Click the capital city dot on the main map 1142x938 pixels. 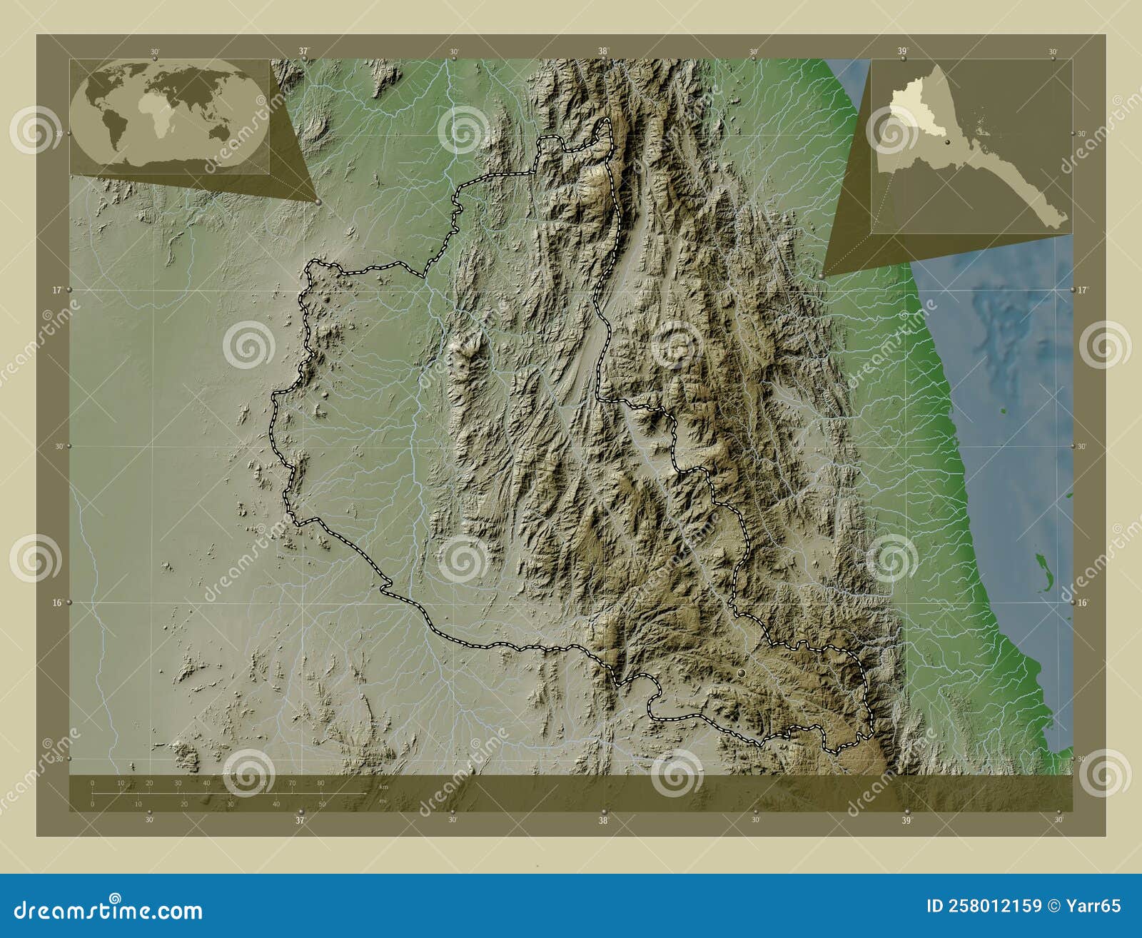pos(741,673)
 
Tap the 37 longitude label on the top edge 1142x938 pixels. pos(304,51)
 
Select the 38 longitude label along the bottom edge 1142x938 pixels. pos(604,820)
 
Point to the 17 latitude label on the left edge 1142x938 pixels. pos(56,290)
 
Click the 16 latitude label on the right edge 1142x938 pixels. pos(1083,602)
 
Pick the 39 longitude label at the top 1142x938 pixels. pos(902,51)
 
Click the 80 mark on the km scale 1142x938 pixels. pos(320,783)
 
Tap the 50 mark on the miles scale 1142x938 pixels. pos(322,804)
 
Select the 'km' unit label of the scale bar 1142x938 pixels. pos(384,787)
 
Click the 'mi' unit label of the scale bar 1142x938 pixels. pos(383,800)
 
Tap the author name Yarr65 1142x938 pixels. pos(1093,906)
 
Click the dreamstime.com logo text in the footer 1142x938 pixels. pos(108,910)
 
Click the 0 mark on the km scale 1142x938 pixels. pos(93,783)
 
